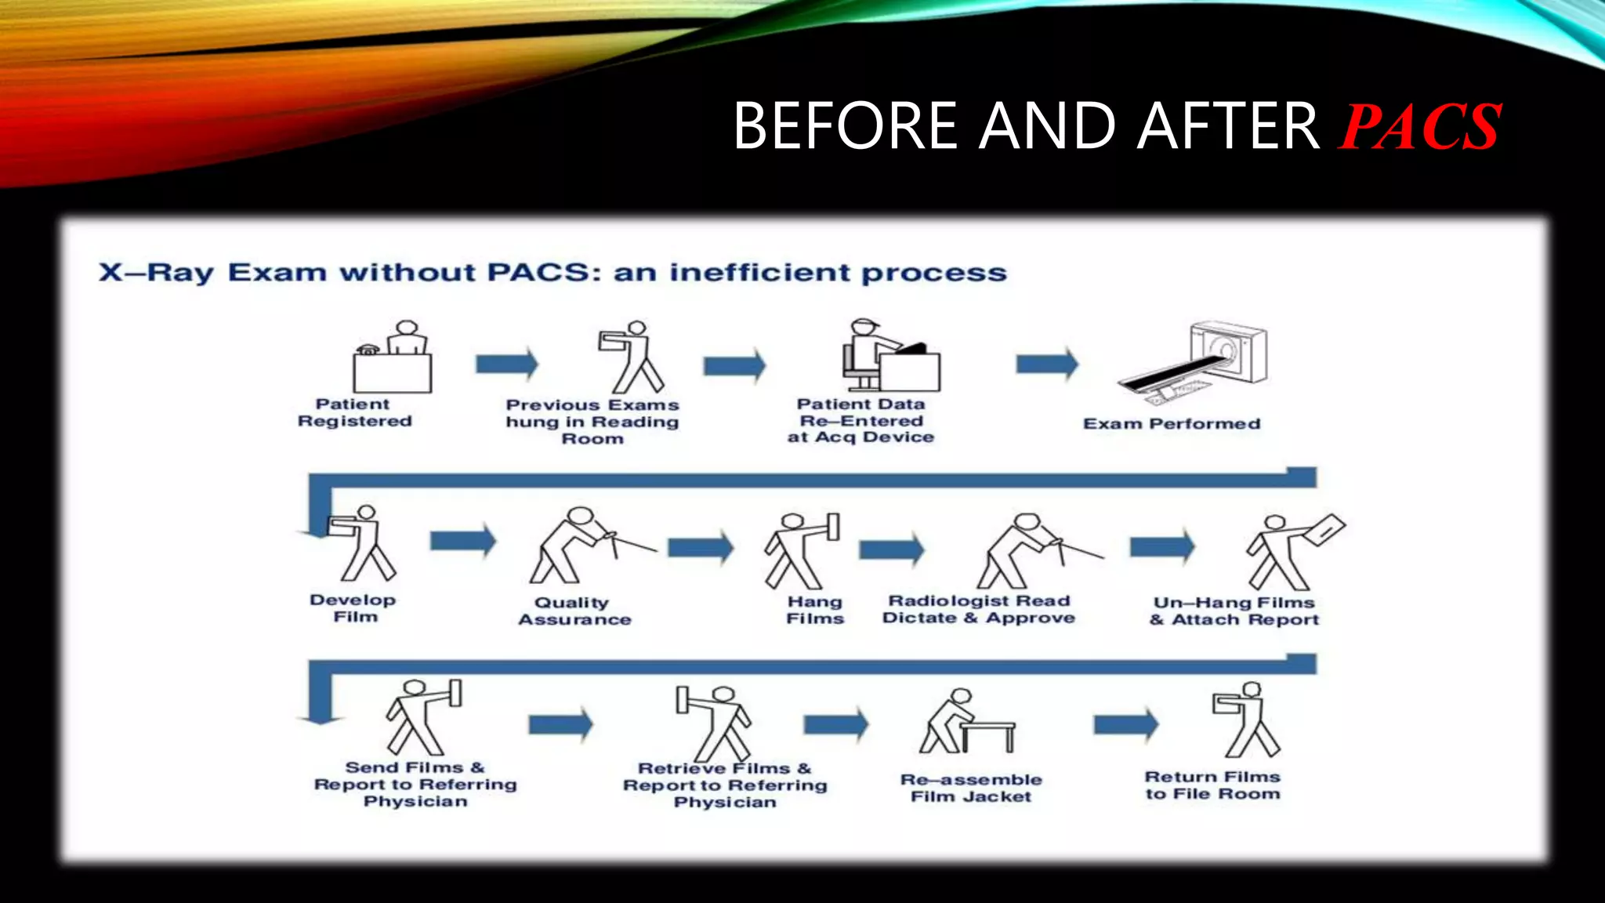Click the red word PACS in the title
(1420, 127)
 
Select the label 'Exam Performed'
(1172, 424)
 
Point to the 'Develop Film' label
(353, 608)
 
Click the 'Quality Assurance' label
(574, 611)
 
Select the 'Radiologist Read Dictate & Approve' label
(978, 609)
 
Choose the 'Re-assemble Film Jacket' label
(971, 788)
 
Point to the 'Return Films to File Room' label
(1212, 785)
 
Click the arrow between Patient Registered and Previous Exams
(507, 364)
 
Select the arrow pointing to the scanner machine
(1047, 364)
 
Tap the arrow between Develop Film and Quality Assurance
(463, 540)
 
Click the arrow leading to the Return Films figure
(1125, 724)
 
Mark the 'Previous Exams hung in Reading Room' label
(592, 422)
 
